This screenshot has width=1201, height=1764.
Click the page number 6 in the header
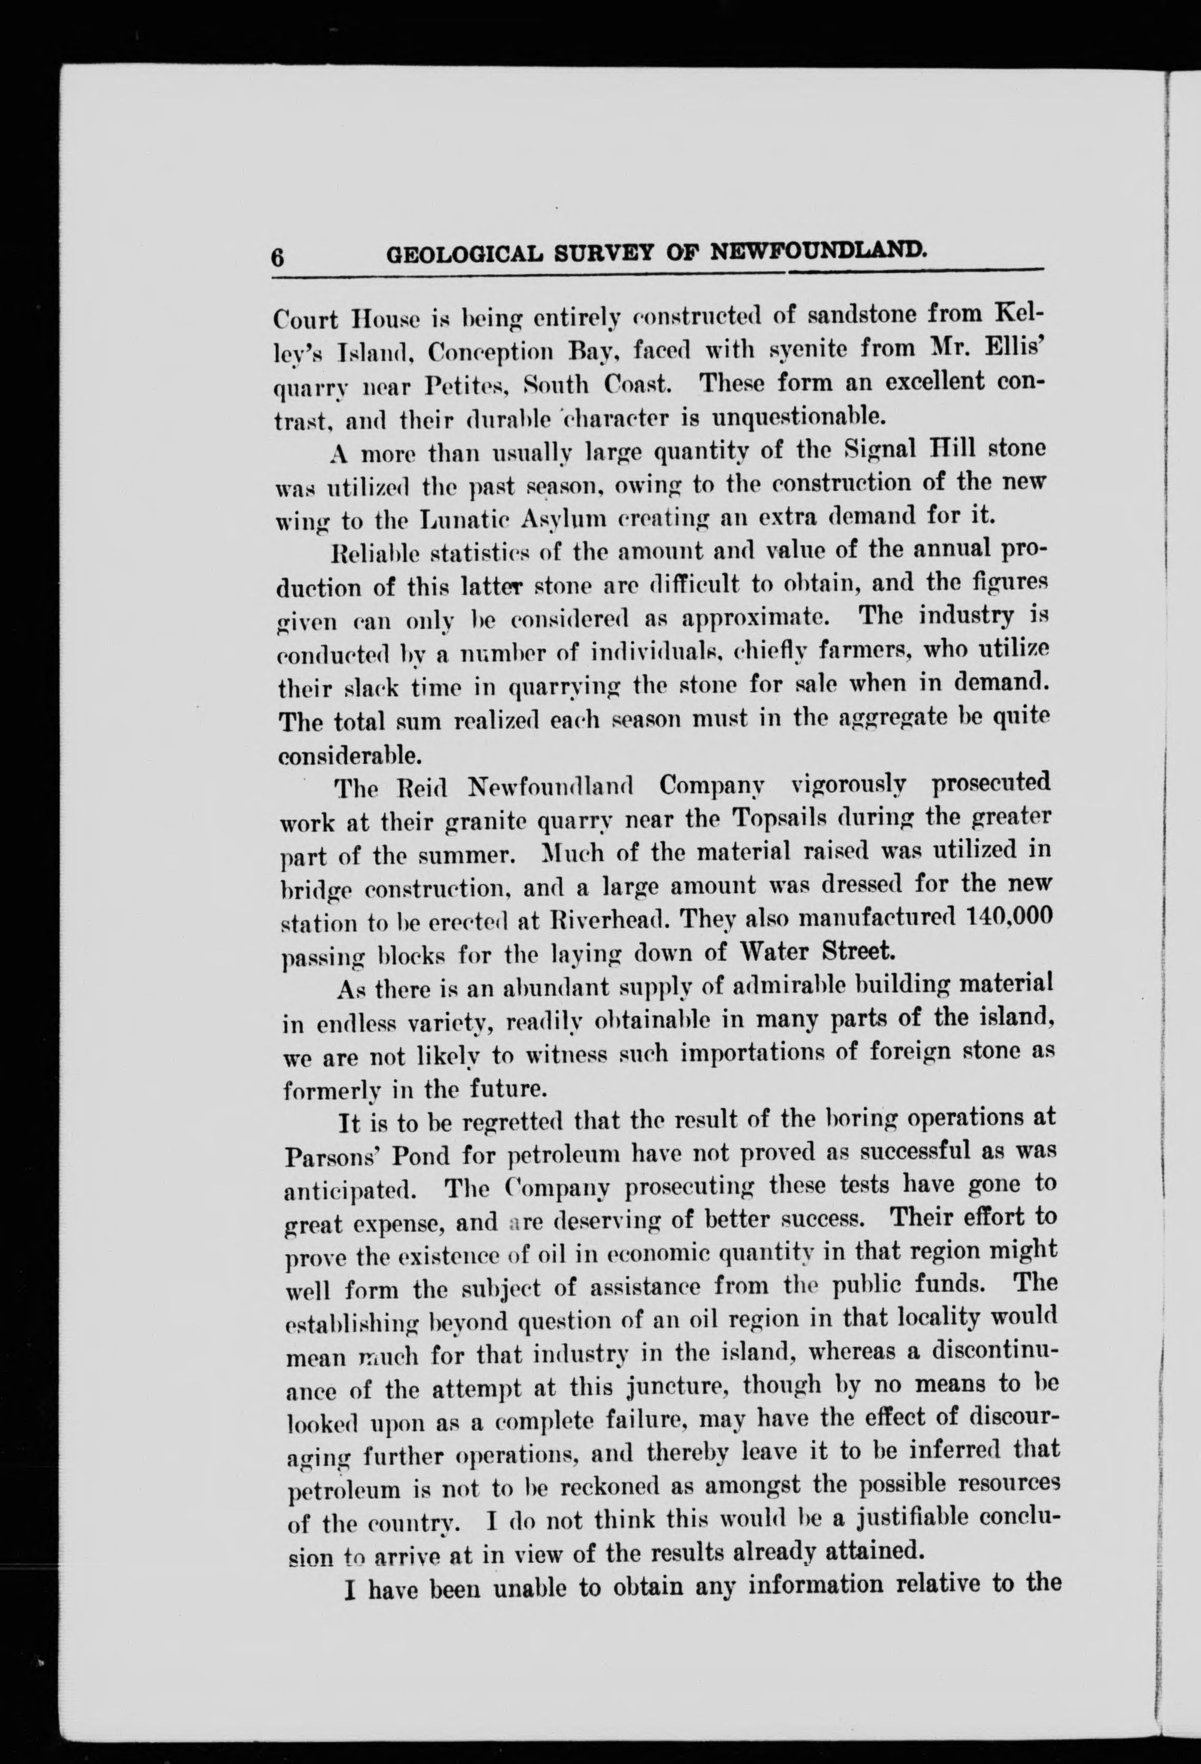click(278, 257)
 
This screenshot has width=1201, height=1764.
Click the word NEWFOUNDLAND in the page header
click(818, 251)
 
